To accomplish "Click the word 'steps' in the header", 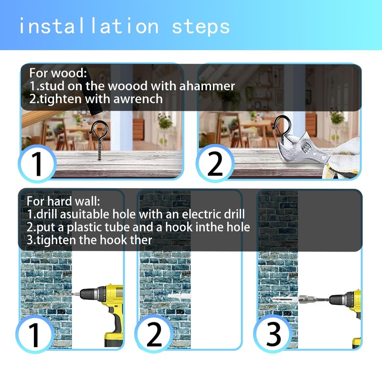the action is (201, 27).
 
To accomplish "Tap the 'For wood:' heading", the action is (58, 73).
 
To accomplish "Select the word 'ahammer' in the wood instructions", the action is (207, 86).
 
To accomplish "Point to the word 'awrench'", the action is (138, 99).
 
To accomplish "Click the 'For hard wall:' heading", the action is (64, 201).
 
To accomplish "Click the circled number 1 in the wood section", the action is (37, 163).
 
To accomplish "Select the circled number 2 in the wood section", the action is (215, 163).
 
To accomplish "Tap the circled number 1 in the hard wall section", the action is (34, 334).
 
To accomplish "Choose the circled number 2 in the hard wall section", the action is (154, 334).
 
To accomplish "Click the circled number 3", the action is (273, 334).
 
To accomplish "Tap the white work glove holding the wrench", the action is (343, 159).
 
